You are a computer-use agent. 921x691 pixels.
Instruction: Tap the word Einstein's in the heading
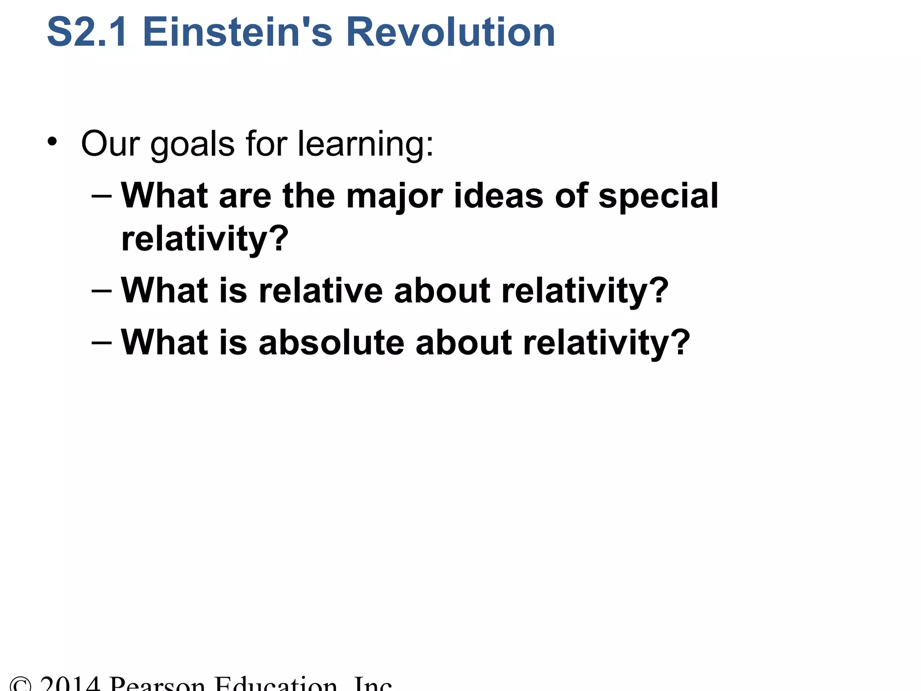tap(237, 32)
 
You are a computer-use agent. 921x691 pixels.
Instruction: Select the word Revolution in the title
tap(451, 32)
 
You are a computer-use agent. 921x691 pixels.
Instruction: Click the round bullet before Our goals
tap(53, 142)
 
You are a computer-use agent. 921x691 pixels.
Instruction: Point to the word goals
tap(192, 145)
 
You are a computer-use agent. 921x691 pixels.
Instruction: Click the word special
tap(658, 197)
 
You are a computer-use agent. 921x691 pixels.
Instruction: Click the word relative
tap(320, 291)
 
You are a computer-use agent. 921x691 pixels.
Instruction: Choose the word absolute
tap(331, 342)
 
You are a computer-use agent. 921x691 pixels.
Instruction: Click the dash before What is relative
tap(101, 291)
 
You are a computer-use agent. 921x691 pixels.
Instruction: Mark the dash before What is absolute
tap(101, 343)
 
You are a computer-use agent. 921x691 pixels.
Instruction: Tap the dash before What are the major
tap(101, 197)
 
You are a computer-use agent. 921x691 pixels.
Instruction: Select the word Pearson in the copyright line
tap(157, 684)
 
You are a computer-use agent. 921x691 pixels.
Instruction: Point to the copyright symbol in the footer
tap(21, 685)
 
